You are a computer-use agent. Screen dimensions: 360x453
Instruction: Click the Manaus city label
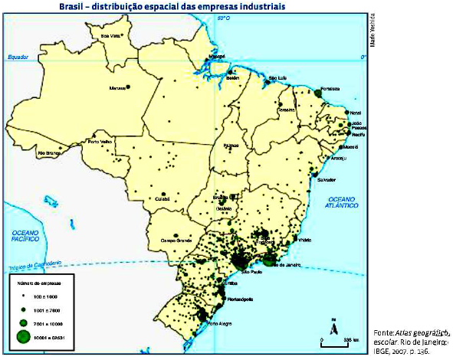[117, 87]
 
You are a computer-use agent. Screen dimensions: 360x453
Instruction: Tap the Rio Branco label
[50, 152]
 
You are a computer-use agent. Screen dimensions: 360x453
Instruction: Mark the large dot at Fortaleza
[317, 92]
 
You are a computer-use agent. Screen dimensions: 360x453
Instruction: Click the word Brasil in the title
[73, 7]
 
